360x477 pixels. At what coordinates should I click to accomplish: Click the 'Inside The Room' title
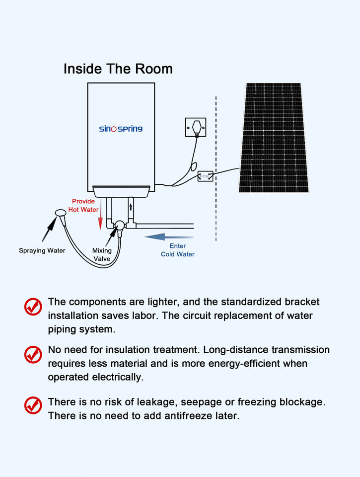pos(118,69)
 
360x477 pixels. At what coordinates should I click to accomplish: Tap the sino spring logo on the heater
pos(121,129)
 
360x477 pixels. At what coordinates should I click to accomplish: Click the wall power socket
pos(196,127)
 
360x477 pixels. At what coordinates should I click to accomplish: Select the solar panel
pos(273,138)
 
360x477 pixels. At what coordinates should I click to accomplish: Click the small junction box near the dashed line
pos(205,176)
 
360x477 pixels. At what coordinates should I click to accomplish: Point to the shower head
pos(61,213)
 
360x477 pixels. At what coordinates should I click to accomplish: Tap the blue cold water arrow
pos(169,237)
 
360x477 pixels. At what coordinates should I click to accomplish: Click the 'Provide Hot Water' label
pos(83,205)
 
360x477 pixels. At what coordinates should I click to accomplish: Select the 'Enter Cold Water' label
pos(178,250)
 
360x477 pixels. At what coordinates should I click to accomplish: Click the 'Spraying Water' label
pos(42,250)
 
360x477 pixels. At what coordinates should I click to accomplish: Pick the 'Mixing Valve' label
pos(102,254)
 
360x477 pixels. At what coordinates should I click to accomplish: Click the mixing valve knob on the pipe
pos(120,226)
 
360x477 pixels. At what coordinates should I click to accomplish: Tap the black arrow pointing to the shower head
pos(49,230)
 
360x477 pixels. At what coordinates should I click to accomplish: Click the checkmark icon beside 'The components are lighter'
pos(33,307)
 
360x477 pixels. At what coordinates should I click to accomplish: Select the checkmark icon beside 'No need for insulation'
pos(33,354)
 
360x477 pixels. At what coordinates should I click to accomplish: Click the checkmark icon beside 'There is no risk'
pos(33,405)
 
